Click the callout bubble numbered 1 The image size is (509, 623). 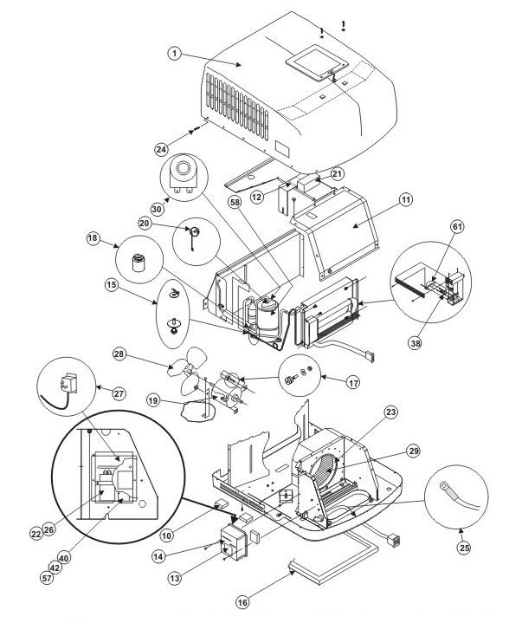pos(175,54)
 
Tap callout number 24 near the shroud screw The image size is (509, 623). pos(161,149)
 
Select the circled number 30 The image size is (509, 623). pos(158,209)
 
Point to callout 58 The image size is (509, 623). pos(235,202)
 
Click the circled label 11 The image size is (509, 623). pos(405,199)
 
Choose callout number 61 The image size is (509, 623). pos(457,226)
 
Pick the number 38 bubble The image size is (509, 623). pos(416,342)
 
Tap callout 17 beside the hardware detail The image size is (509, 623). pos(352,383)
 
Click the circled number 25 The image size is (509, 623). pos(464,548)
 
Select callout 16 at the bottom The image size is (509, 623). pos(242,602)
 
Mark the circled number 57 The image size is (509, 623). pos(47,578)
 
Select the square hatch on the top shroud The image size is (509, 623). pos(317,63)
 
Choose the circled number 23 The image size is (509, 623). pos(391,412)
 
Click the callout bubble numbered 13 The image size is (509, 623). pos(175,579)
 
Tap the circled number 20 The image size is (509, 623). pos(145,224)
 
